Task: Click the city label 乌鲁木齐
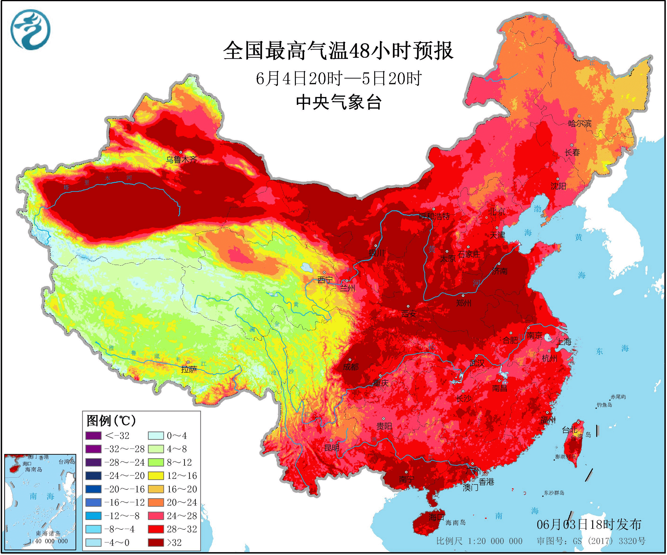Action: pyautogui.click(x=181, y=159)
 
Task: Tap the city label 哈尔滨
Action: pyautogui.click(x=580, y=123)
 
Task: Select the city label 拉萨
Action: pyautogui.click(x=189, y=369)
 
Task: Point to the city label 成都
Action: pyautogui.click(x=351, y=367)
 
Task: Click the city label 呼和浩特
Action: pyautogui.click(x=434, y=217)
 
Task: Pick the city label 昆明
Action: pyautogui.click(x=332, y=448)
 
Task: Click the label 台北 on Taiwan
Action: pyautogui.click(x=570, y=430)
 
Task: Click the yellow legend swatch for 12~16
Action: pyautogui.click(x=156, y=476)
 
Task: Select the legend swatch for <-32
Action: pyautogui.click(x=93, y=436)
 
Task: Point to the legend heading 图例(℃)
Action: pyautogui.click(x=111, y=421)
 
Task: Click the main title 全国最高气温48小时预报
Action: pyautogui.click(x=338, y=51)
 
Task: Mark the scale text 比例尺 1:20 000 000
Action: pyautogui.click(x=479, y=541)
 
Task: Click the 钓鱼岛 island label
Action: pyautogui.click(x=604, y=405)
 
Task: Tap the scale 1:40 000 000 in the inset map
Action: pyautogui.click(x=48, y=541)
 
